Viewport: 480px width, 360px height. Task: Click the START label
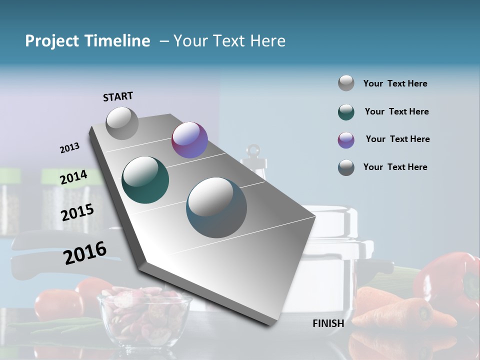tap(118, 96)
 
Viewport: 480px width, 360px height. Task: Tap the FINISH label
tap(328, 323)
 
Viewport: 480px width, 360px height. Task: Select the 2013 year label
tap(69, 148)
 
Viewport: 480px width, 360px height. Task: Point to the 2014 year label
tap(73, 177)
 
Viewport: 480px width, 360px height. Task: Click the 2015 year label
tap(77, 212)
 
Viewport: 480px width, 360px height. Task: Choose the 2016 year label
tap(85, 252)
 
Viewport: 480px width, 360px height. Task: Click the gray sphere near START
tap(122, 123)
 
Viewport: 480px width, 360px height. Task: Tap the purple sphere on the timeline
tap(189, 140)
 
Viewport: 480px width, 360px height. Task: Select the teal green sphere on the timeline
tap(145, 180)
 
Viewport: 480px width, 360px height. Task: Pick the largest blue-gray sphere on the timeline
tap(216, 207)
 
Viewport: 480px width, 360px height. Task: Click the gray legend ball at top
tap(346, 83)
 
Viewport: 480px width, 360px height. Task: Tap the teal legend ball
tap(346, 112)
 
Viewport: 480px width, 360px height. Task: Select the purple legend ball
tap(346, 140)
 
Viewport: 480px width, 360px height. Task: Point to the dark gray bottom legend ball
tap(346, 167)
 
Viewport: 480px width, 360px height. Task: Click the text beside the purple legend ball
tap(397, 139)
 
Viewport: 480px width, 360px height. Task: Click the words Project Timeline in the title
tap(87, 41)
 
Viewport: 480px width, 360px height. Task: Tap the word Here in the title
tap(267, 41)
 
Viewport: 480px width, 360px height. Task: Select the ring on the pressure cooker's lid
tap(254, 150)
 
